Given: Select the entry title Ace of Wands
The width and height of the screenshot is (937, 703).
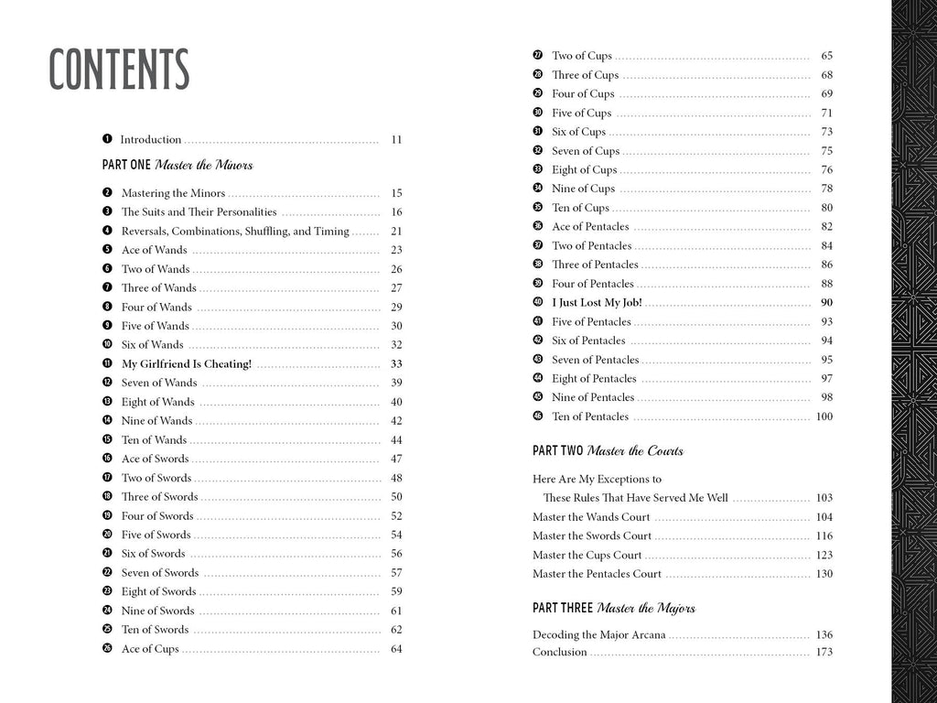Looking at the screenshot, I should [154, 250].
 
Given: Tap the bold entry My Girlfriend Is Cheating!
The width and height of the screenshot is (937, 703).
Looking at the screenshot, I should [186, 363].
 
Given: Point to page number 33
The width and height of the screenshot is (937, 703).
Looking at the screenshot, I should [396, 363].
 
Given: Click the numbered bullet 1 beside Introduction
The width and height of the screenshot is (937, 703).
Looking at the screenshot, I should [107, 139].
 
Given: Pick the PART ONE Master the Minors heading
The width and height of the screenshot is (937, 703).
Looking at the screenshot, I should [178, 166].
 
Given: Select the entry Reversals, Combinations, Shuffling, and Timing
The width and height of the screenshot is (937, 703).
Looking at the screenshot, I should [235, 232].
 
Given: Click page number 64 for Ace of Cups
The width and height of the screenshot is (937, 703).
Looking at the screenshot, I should [396, 649].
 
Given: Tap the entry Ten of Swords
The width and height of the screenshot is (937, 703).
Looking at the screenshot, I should [155, 630].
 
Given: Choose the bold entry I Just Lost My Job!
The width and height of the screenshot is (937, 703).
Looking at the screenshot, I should [597, 303].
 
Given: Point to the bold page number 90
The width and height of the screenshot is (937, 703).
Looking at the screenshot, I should [826, 303].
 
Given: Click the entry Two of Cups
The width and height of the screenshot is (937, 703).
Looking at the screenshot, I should [582, 56].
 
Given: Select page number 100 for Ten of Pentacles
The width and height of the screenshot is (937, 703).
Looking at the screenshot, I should [824, 416].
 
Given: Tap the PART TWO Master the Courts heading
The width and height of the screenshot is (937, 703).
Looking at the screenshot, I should [608, 451].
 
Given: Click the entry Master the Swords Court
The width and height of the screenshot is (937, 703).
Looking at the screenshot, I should [591, 535].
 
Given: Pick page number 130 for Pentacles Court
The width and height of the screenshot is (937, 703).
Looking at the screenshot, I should [824, 574].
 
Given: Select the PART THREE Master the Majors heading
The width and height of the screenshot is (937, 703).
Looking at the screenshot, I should [613, 609].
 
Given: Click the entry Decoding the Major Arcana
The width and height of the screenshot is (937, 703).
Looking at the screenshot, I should [599, 634].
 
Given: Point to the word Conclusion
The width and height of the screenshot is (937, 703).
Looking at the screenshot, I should [559, 652].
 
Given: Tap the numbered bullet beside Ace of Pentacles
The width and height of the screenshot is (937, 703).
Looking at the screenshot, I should [538, 226].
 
